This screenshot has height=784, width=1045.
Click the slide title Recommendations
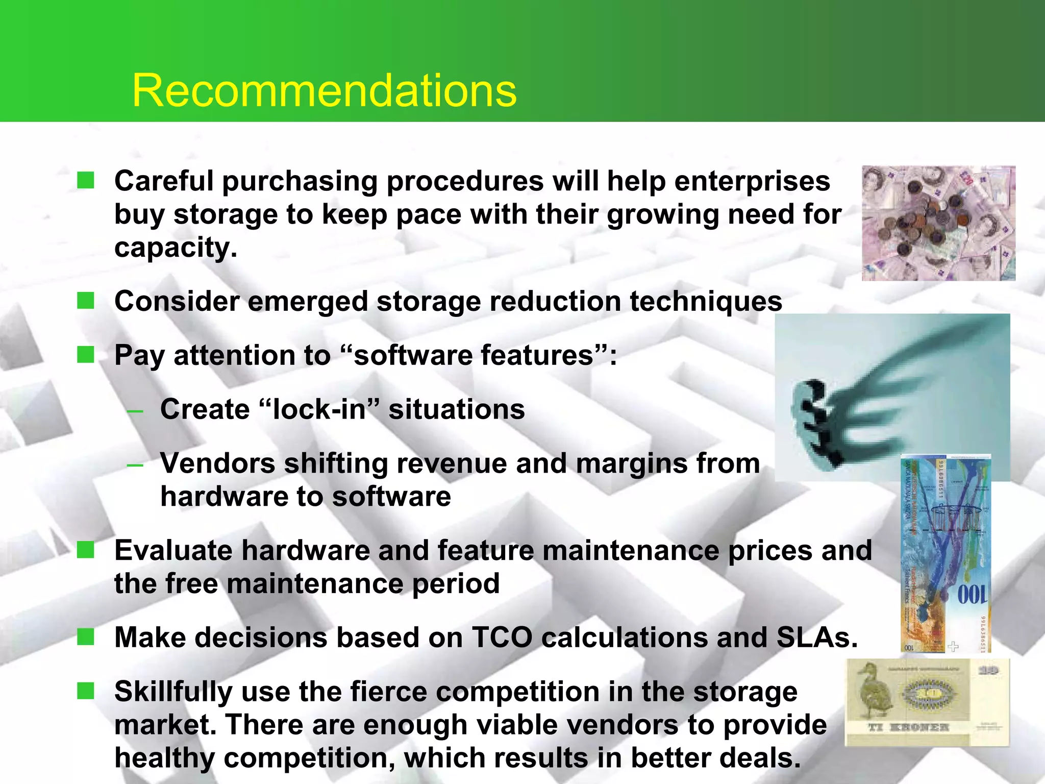[324, 90]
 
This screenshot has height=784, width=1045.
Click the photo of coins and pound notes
[938, 223]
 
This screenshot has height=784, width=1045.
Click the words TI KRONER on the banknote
[908, 727]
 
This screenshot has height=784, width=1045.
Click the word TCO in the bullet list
[502, 638]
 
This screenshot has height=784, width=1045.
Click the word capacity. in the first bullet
[176, 248]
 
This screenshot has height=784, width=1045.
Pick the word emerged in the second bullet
[308, 301]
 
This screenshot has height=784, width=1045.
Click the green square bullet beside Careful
[86, 180]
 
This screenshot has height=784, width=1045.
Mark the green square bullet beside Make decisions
[86, 636]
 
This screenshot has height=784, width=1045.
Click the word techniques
[706, 301]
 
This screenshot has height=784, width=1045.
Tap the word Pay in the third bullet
[139, 356]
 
